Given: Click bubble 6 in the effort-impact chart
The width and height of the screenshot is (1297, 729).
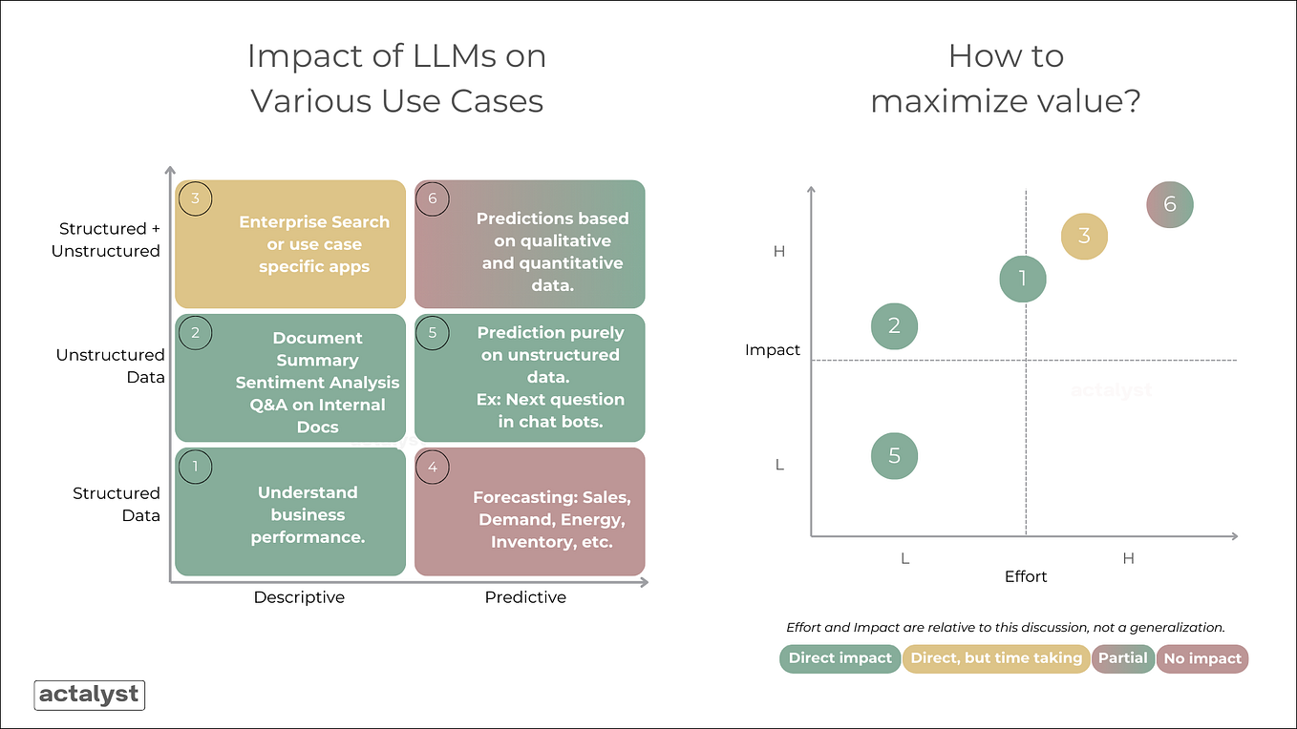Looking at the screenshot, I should point(1170,204).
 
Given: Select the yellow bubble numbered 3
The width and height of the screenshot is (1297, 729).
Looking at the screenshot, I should point(1084,236).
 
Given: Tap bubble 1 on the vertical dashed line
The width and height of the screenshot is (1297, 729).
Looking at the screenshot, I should point(1023,279).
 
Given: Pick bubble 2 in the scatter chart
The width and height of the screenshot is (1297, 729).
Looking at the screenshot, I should point(894,325).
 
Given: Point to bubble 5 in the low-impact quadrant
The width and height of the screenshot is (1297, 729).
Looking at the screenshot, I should point(894,455).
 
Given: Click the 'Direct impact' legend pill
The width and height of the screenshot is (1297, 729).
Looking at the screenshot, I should point(840,658).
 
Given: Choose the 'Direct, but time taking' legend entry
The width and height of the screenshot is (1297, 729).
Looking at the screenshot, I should point(996,658).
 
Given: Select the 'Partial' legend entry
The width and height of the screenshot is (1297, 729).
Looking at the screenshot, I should point(1122,658).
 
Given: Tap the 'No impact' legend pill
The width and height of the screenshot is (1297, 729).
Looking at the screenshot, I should point(1202,658).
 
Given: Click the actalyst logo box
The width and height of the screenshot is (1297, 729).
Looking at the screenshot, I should point(89,695).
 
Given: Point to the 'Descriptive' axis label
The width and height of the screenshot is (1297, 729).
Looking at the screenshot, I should point(299,597).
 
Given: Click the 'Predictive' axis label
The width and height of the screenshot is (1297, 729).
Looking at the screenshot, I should point(525,597).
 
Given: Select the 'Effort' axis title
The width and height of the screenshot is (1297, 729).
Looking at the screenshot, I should point(1026,576).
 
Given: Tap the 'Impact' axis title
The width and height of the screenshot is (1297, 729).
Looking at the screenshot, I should point(772,350).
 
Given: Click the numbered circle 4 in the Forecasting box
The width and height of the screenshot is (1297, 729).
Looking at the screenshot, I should point(433,467).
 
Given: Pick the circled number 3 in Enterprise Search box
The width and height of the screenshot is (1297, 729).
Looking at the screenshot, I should point(195,199).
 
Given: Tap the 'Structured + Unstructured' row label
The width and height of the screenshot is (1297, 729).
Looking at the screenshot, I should point(109,240).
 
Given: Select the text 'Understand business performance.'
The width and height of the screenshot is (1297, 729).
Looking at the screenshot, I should point(308,514).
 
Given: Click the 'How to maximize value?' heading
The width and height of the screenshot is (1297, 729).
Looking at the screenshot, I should point(1006,78).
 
